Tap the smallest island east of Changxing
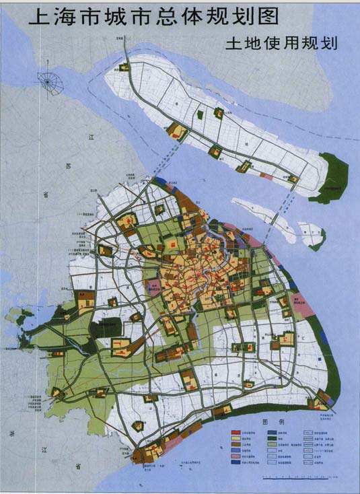tap(312, 236)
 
